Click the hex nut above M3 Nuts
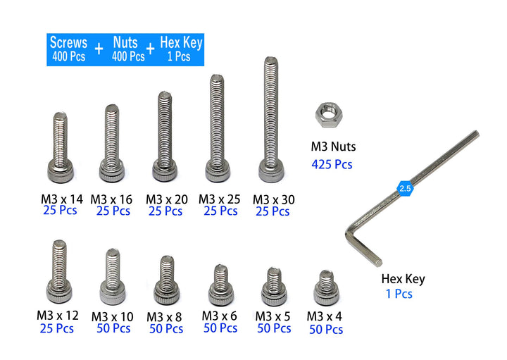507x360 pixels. [329, 115]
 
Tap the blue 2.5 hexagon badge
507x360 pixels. [405, 189]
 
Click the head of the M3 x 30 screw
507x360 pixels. [272, 172]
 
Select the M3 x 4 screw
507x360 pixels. [327, 288]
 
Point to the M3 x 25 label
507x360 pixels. [219, 199]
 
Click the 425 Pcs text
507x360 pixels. [332, 164]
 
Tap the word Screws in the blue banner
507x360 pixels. [68, 42]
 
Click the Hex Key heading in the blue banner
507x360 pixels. [181, 43]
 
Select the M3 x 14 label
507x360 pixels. [62, 199]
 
